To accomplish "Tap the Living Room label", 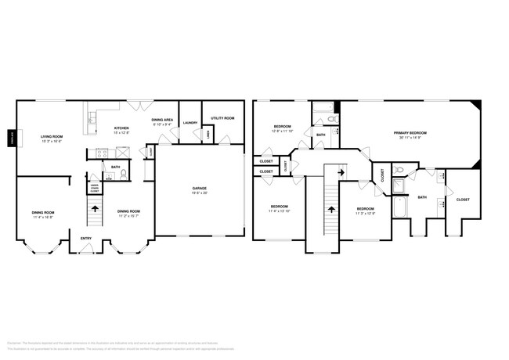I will point(52,137).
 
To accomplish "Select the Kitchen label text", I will point(121,128).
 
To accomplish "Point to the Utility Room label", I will point(222,118).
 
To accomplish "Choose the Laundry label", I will point(190,123).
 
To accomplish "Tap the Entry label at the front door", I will point(85,239).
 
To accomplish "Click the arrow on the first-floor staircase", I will point(96,209).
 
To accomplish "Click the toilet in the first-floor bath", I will point(110,176).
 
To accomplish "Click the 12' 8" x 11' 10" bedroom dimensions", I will point(283,131).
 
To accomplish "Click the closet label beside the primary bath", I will point(463,200).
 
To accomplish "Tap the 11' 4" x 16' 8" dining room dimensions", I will point(43,216).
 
